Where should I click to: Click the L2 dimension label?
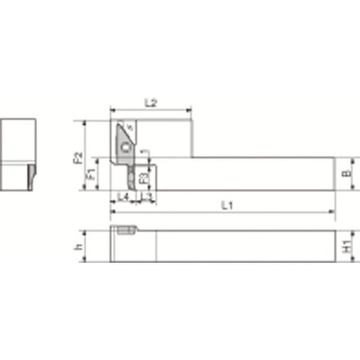point(151,103)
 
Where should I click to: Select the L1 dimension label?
point(227,205)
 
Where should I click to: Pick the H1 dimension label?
point(346,246)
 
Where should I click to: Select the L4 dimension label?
point(123,196)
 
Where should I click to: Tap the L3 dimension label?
point(146,196)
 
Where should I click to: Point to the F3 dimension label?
point(143,178)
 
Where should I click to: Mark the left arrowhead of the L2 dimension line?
point(112,110)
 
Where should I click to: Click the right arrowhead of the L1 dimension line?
point(333,212)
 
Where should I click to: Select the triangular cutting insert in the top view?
point(125,142)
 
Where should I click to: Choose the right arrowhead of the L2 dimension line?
point(189,110)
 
